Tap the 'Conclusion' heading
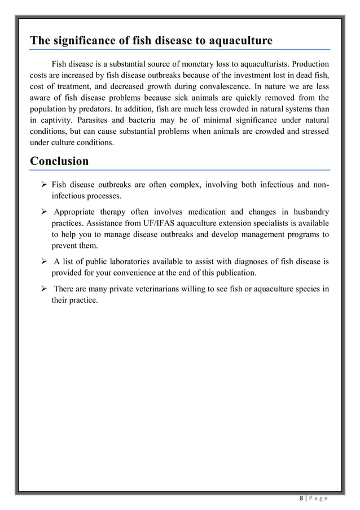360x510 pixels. click(59, 161)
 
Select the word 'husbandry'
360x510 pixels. click(309, 212)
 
